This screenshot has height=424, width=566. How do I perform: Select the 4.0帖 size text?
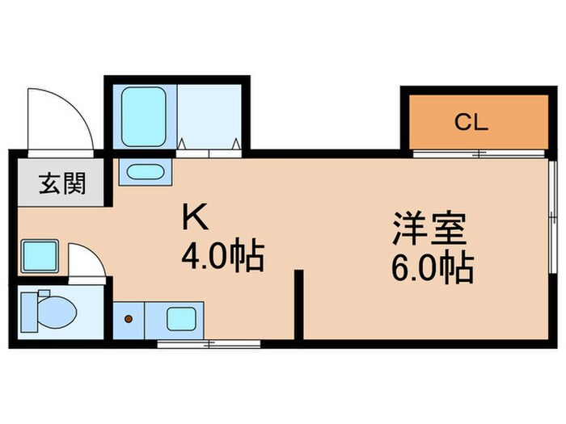click(x=222, y=258)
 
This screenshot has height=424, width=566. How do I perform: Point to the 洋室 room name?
click(x=429, y=229)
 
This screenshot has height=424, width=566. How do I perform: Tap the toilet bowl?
click(x=50, y=309)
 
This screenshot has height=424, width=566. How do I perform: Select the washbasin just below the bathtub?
click(x=146, y=171)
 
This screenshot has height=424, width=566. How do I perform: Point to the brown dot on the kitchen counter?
click(x=128, y=318)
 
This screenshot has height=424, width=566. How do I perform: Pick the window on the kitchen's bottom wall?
click(x=209, y=344)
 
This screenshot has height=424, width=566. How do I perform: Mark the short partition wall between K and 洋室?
click(x=298, y=305)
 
